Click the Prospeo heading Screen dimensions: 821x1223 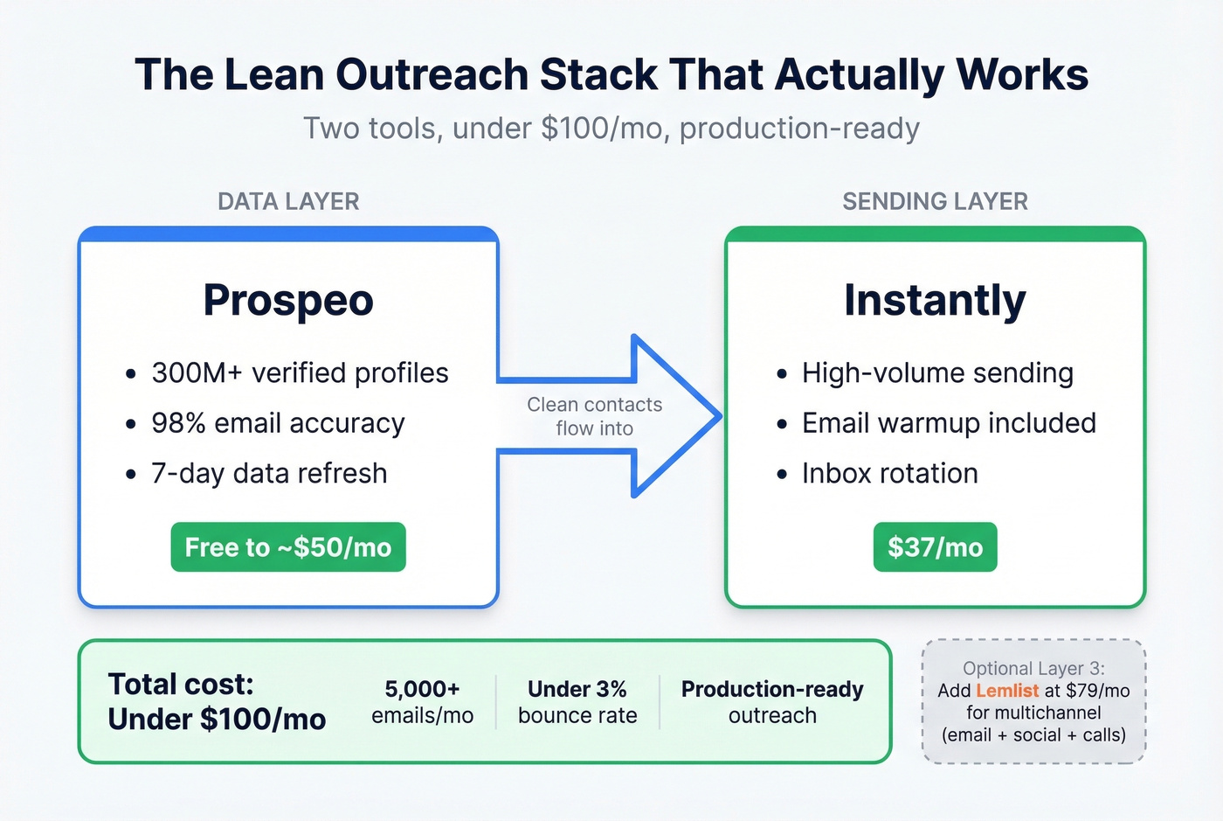[x=288, y=301]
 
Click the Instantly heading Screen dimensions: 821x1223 [x=935, y=301]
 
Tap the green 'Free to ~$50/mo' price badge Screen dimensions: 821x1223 [x=288, y=547]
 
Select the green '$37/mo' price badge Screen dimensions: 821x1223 [x=935, y=547]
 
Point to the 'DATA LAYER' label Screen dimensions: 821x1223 [x=288, y=201]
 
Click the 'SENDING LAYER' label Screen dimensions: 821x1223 [x=935, y=201]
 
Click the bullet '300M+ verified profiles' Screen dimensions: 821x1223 [x=300, y=373]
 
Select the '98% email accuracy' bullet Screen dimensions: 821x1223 [x=278, y=423]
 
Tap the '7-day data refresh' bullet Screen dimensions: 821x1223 [x=269, y=473]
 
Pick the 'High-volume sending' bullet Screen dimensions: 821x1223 [x=937, y=373]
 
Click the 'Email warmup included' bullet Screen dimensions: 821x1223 [x=949, y=423]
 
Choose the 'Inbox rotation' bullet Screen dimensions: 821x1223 [x=889, y=473]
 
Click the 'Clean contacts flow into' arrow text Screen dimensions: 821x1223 [x=594, y=416]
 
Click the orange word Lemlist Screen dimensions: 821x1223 [x=1007, y=691]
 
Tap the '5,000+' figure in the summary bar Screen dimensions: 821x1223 [x=422, y=689]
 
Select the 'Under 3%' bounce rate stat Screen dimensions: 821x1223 [x=577, y=689]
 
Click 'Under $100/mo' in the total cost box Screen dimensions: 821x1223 [x=217, y=720]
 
